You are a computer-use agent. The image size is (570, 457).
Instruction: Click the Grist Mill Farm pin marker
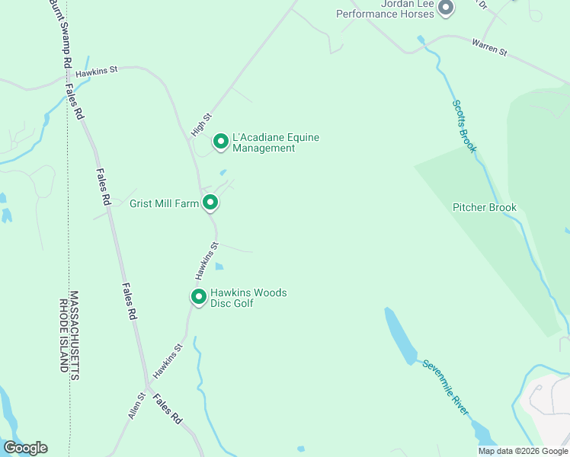210,203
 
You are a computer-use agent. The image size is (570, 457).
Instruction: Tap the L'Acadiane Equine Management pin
221,142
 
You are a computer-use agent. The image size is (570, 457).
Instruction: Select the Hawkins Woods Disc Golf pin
199,297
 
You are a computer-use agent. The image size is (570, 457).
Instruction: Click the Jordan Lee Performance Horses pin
447,8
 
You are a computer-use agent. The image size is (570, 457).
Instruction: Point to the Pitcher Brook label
485,207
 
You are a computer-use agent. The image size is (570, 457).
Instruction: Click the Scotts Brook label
463,126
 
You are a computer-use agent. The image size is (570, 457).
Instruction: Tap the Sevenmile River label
446,387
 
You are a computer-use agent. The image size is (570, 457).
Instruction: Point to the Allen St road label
136,406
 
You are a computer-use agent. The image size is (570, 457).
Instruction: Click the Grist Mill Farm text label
164,203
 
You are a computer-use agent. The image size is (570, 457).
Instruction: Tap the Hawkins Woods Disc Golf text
248,298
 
